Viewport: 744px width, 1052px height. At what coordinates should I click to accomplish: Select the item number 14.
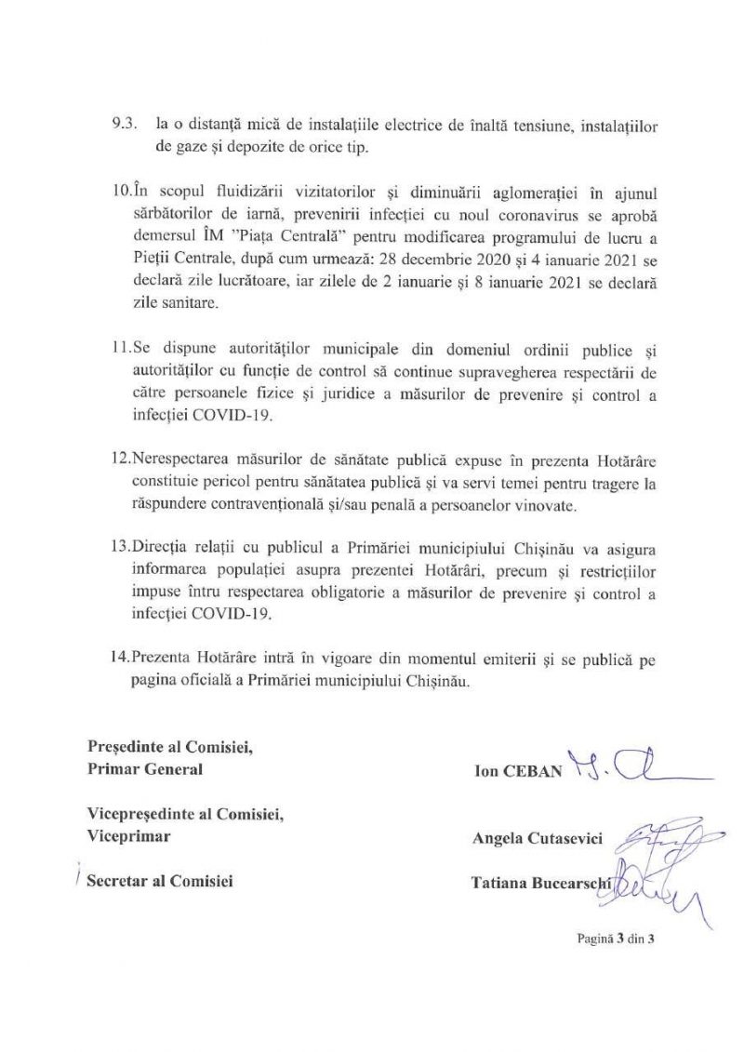pyautogui.click(x=123, y=659)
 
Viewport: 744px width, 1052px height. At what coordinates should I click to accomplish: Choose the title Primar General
pyautogui.click(x=144, y=769)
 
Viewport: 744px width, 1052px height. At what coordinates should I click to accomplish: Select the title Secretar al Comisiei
pyautogui.click(x=159, y=879)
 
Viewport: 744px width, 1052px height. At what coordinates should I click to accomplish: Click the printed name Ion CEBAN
pyautogui.click(x=519, y=772)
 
